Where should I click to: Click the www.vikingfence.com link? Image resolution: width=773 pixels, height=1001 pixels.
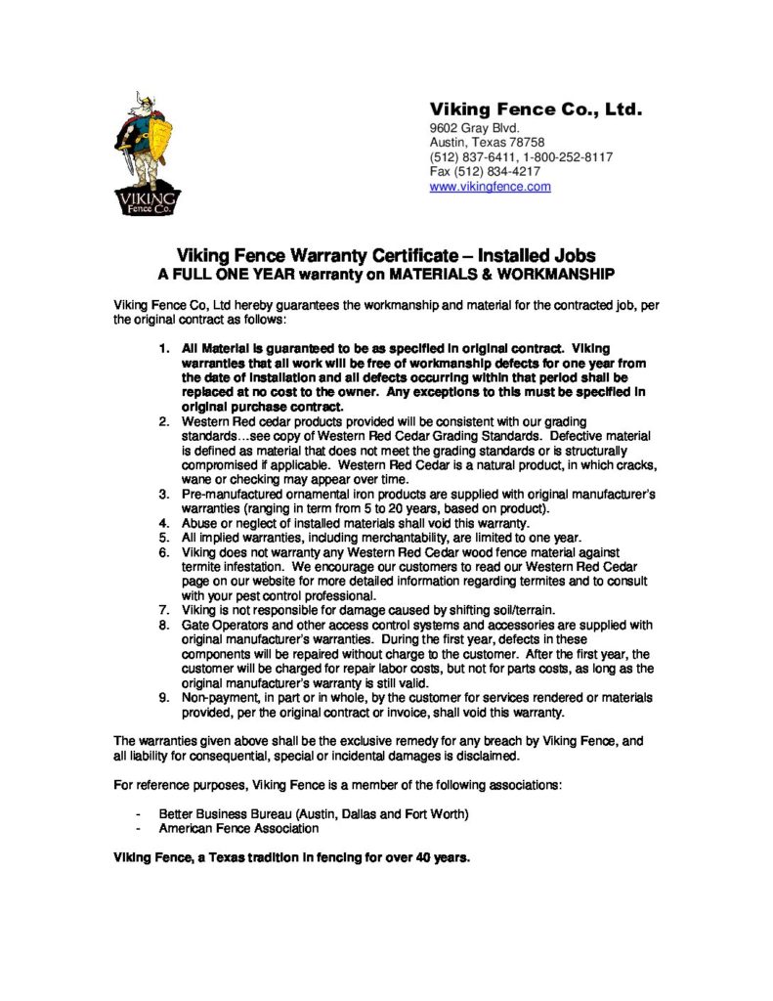click(490, 187)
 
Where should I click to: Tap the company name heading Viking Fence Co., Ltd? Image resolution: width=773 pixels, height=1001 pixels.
click(536, 109)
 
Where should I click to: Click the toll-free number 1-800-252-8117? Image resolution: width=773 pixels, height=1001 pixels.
click(568, 157)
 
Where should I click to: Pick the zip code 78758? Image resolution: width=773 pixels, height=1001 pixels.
click(525, 143)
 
